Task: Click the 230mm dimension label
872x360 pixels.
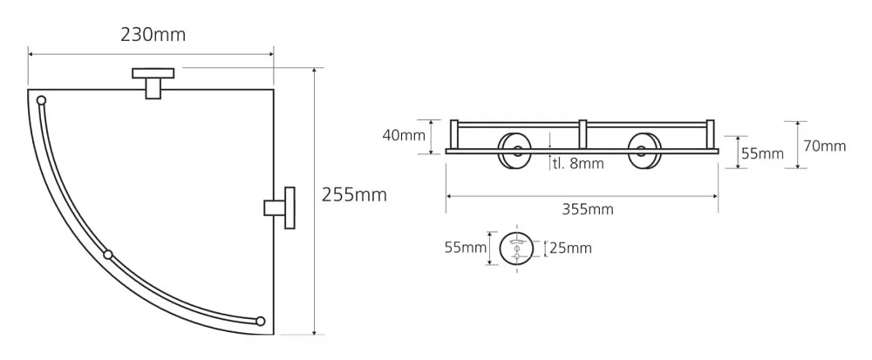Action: click(x=153, y=35)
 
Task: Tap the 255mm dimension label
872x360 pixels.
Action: click(x=354, y=195)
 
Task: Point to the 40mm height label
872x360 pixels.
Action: click(x=404, y=135)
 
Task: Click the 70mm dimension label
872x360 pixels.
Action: click(x=825, y=146)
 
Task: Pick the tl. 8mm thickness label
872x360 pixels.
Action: click(x=578, y=164)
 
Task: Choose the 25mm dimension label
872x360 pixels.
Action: click(x=570, y=248)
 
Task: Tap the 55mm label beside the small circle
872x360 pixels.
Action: click(x=466, y=248)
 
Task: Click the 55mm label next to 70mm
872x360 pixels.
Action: click(x=762, y=154)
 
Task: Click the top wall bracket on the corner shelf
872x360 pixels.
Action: click(x=153, y=83)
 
